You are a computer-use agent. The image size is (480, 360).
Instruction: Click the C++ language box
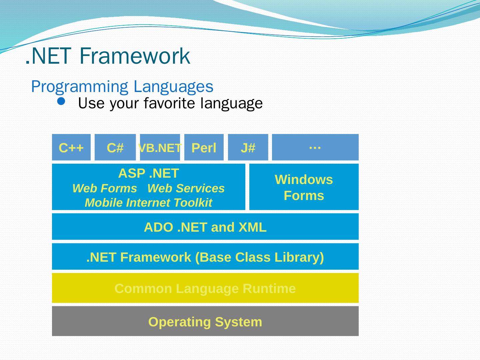point(71,147)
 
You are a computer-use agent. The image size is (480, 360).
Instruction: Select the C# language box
point(115,147)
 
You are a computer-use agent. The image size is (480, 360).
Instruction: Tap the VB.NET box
point(160,147)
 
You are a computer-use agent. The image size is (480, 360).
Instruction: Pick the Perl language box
point(204,147)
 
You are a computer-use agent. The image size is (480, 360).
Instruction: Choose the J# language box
point(248,147)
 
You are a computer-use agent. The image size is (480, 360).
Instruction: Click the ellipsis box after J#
point(315,147)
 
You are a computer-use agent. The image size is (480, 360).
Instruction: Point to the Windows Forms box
point(304,187)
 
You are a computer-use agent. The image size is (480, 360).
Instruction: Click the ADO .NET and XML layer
point(205,227)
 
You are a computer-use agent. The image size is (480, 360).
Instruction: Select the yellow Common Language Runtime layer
point(205,288)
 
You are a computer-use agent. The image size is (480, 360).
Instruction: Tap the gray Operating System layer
point(205,322)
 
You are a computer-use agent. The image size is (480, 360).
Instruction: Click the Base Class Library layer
point(205,257)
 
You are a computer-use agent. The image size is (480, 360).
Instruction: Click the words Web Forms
point(104,188)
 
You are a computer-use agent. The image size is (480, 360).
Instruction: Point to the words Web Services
point(186,188)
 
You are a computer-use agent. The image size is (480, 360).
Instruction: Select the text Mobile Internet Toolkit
point(148,203)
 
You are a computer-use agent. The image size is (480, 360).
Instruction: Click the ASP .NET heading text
point(148,173)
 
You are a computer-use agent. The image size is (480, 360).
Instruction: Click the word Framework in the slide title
point(135,56)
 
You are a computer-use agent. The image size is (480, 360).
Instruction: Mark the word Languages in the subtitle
point(173,87)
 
